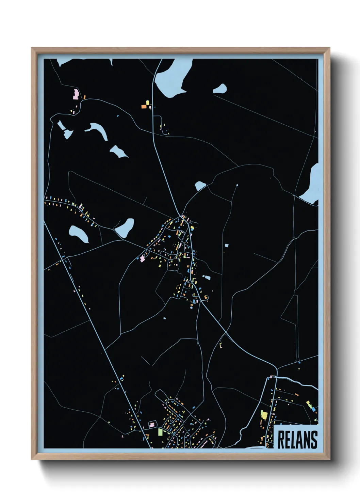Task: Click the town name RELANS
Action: click(297, 440)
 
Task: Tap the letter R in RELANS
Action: click(282, 440)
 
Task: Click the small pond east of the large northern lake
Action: click(220, 89)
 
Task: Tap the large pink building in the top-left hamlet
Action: click(76, 94)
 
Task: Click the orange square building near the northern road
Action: click(144, 107)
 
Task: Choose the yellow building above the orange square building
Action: click(148, 102)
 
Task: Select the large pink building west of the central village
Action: click(142, 259)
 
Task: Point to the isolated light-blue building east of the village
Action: click(227, 245)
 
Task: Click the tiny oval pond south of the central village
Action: click(164, 319)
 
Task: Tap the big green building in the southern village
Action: click(160, 432)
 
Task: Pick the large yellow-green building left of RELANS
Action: click(264, 415)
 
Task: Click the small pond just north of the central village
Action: click(200, 186)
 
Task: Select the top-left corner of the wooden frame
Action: click(32, 48)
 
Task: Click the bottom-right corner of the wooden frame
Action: click(329, 459)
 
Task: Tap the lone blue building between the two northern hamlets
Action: click(118, 116)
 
